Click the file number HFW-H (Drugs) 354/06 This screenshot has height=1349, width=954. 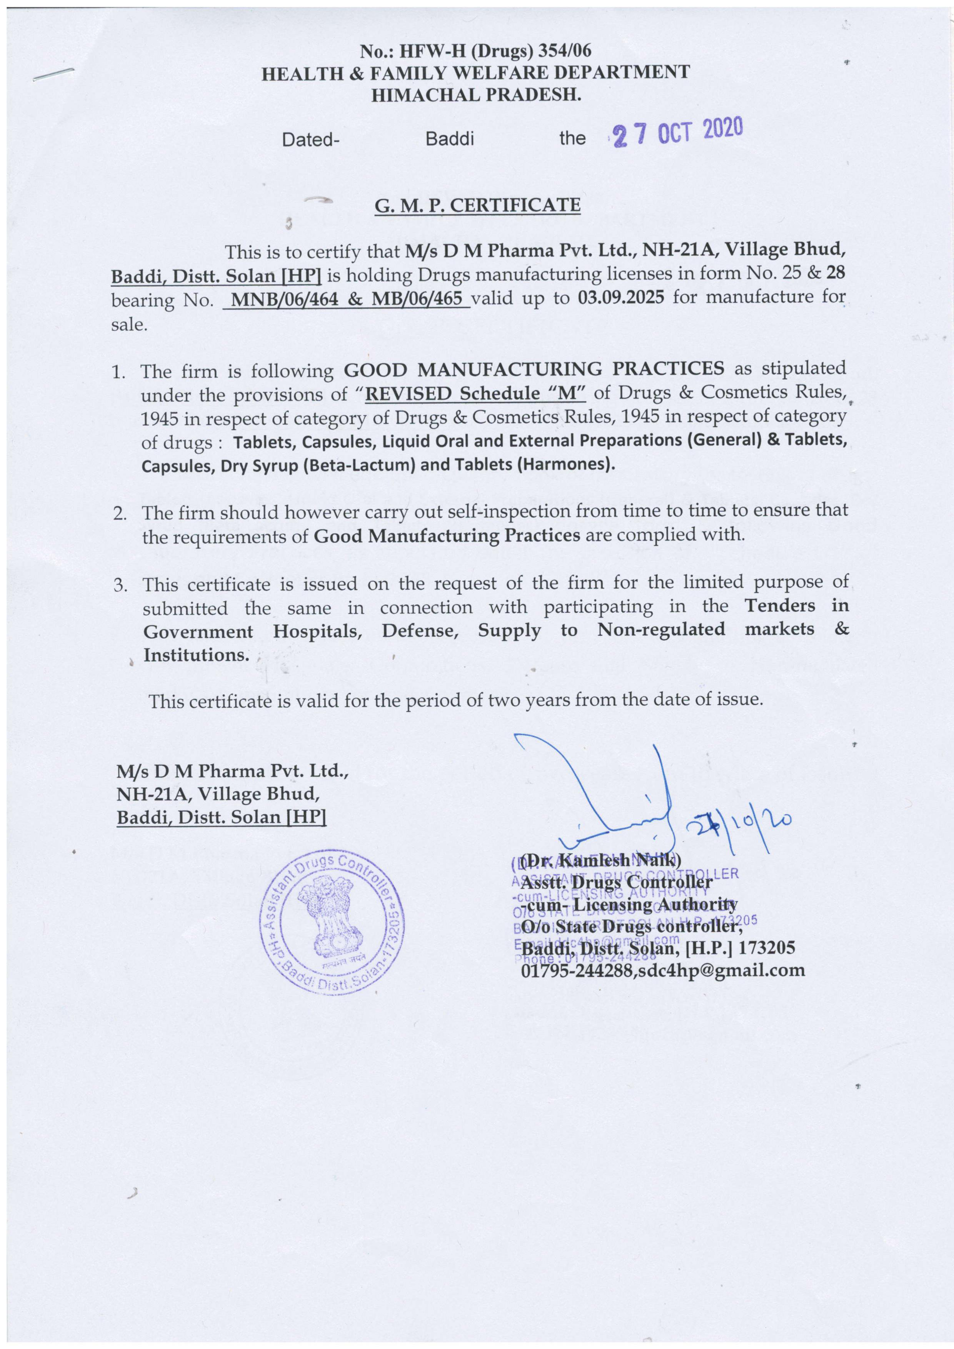tap(495, 52)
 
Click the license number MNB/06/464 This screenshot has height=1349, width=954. tap(284, 299)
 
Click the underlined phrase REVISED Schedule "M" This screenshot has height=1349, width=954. tap(475, 393)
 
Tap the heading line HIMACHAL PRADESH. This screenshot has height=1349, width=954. tap(476, 94)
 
